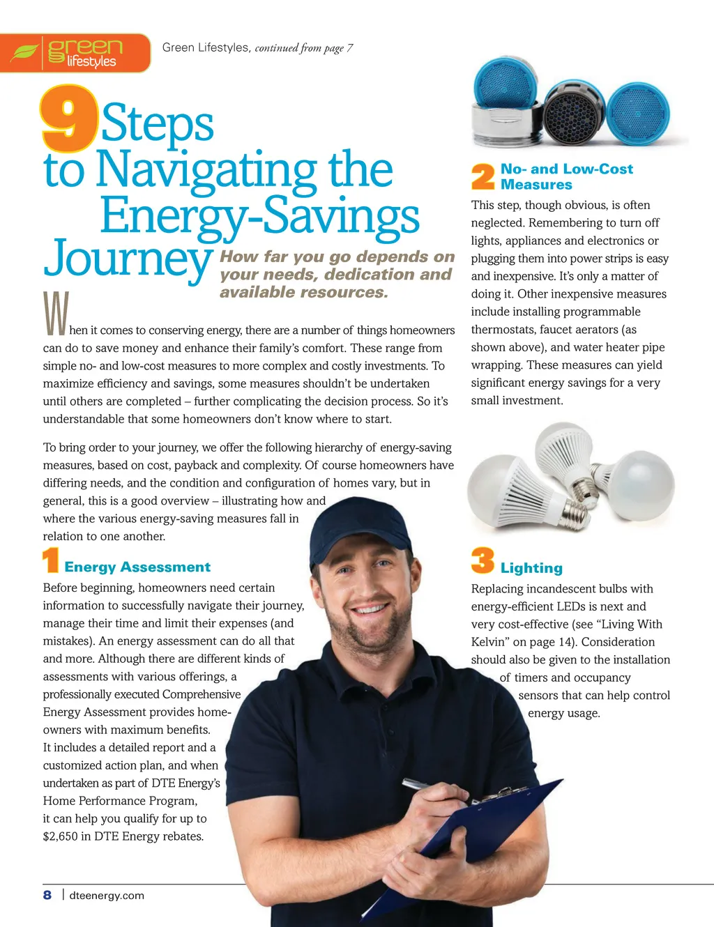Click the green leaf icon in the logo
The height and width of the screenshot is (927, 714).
point(24,52)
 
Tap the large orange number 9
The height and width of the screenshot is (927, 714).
point(68,118)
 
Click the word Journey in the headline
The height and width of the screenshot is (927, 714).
point(128,258)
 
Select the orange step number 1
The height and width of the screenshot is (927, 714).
point(50,561)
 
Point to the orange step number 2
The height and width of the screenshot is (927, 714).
point(483,176)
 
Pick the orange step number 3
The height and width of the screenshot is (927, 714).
point(483,561)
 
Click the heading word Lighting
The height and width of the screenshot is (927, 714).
point(531,568)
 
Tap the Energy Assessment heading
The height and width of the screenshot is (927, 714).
point(137,567)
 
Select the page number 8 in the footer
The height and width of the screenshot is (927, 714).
point(47,895)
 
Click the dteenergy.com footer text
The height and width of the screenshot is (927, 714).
point(107,896)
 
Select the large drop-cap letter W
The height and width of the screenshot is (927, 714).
point(56,314)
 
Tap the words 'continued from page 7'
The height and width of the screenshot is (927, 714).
point(304,48)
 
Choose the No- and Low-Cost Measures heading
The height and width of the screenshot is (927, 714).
point(566,176)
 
